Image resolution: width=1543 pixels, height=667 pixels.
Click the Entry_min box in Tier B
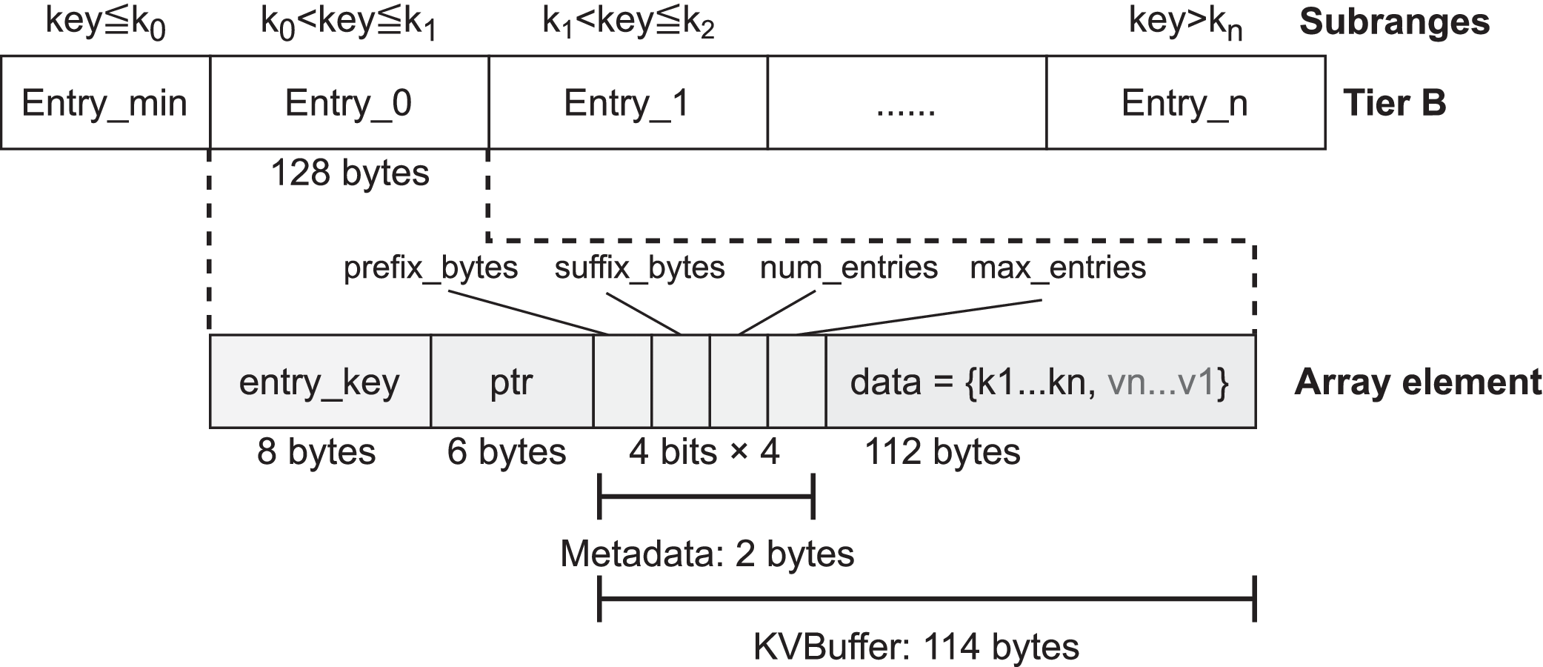coord(104,102)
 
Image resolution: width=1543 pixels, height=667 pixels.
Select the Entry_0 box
coord(349,102)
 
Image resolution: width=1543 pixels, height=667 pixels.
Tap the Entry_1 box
coord(627,102)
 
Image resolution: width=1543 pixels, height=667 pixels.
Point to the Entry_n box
coord(1184,102)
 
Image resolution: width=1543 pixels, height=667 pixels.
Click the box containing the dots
coord(906,102)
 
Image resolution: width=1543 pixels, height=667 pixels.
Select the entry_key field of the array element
coord(319,382)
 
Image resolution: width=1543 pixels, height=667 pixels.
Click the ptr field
coord(511,382)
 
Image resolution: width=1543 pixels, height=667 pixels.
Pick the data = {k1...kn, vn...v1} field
coord(1040,382)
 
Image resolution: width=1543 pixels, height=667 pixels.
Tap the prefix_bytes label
coord(430,268)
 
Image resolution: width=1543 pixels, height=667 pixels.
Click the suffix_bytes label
coord(639,268)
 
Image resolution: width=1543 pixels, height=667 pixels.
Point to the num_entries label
coord(849,268)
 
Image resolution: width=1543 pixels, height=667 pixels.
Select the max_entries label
coord(1058,268)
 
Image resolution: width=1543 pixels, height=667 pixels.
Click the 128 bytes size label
coord(350,173)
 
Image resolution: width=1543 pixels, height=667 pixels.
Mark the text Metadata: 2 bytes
coord(707,554)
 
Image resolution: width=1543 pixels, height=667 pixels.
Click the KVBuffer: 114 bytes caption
coord(916,646)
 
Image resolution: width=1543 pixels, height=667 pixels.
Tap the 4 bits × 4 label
coord(704,451)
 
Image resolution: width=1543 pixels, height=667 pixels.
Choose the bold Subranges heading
coord(1394,22)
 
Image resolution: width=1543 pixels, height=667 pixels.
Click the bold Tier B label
coord(1394,102)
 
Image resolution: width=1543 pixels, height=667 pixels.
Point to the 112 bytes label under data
coord(942,451)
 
